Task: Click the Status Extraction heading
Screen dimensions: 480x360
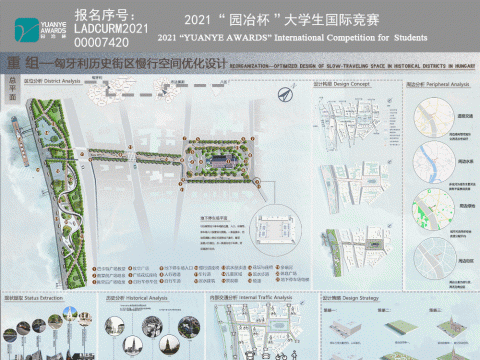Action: coord(36,298)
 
